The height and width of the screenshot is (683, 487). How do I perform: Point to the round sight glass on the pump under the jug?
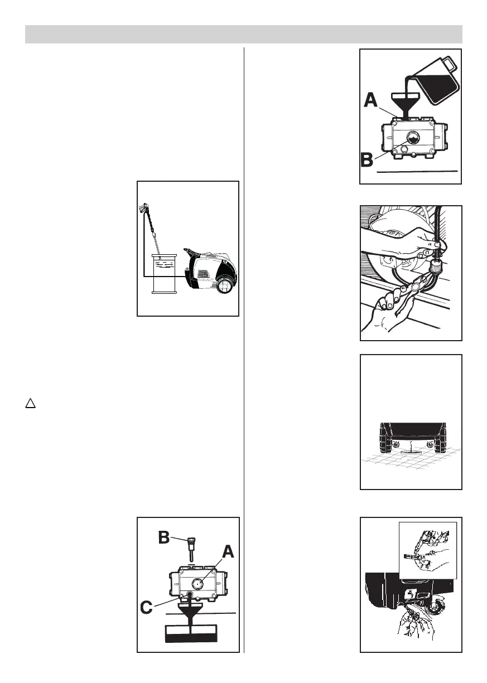[x=414, y=139]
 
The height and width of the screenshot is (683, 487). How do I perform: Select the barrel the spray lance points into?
[x=164, y=273]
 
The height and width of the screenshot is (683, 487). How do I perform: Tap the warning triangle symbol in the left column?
[x=30, y=403]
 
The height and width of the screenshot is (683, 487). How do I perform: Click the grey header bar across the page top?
[x=244, y=34]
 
